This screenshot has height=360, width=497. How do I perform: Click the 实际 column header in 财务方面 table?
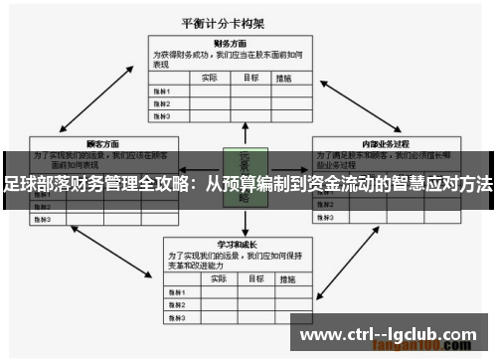coord(208,77)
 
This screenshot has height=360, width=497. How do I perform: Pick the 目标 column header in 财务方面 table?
coord(252,77)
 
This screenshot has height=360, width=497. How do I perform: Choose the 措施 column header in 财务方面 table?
coord(284,77)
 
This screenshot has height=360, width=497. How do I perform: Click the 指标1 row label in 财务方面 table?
coord(161,90)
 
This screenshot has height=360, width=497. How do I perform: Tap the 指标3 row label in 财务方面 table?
coord(161,116)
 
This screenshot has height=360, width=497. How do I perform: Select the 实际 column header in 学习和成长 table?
coord(208,278)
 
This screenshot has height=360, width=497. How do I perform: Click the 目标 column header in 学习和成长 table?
coord(252,278)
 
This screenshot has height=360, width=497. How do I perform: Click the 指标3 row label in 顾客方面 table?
coord(43,218)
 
